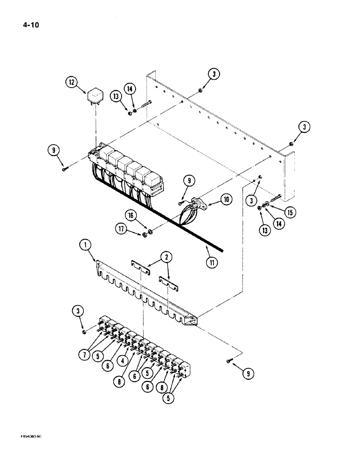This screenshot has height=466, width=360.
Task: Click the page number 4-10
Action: click(x=24, y=25)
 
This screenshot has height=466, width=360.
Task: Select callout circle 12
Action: click(x=71, y=83)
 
